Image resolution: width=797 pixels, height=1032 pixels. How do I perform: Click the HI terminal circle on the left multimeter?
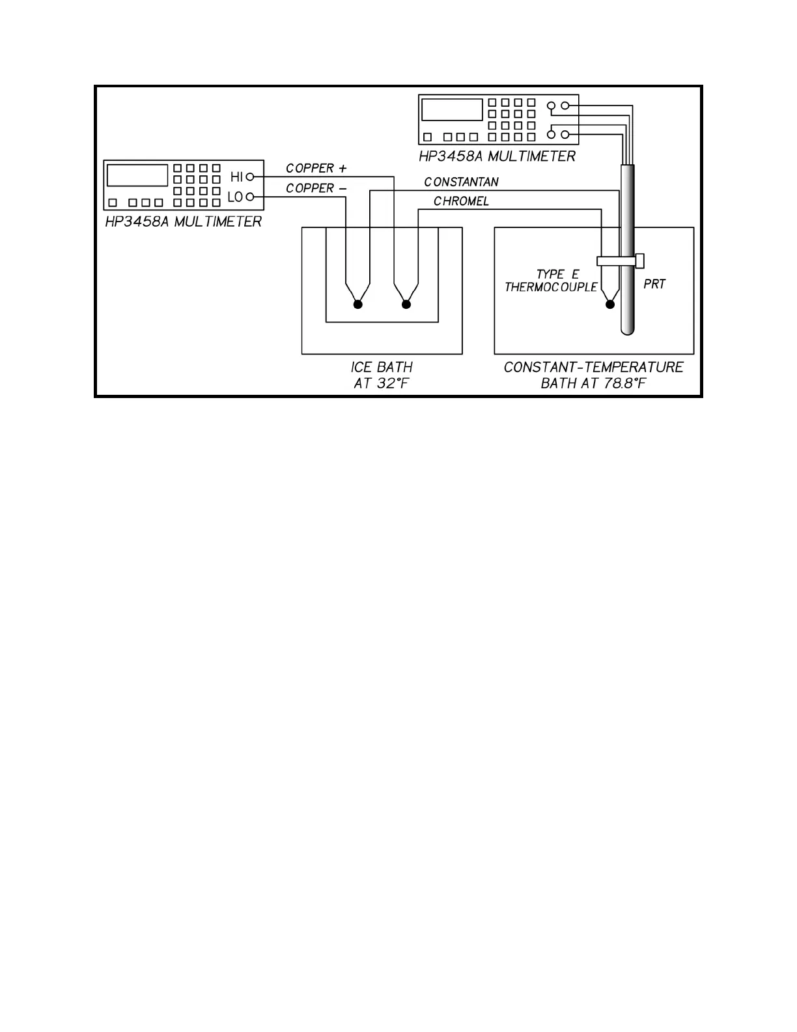click(x=249, y=177)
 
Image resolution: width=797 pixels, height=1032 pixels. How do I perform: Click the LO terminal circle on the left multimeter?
click(x=249, y=197)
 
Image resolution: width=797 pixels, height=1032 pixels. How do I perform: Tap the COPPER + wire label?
click(x=316, y=168)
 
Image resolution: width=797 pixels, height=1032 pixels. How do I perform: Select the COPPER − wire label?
click(x=316, y=188)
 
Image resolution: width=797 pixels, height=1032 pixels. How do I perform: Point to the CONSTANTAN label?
click(x=461, y=182)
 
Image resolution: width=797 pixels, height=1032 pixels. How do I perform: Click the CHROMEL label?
click(x=461, y=201)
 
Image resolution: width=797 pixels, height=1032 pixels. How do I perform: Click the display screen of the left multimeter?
click(x=137, y=175)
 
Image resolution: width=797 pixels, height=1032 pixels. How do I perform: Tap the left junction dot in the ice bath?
click(x=357, y=304)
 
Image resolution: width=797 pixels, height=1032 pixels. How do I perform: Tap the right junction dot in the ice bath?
click(x=406, y=304)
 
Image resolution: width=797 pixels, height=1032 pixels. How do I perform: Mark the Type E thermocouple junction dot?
click(x=610, y=304)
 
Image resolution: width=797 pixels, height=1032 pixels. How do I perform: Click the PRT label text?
click(x=654, y=284)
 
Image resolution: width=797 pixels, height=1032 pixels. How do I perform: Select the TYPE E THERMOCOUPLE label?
click(x=552, y=281)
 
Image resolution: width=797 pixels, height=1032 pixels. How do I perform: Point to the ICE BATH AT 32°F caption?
click(x=382, y=375)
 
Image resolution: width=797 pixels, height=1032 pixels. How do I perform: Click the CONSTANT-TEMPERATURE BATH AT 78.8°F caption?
click(x=593, y=375)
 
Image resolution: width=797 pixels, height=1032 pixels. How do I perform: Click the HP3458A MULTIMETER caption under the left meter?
click(x=184, y=222)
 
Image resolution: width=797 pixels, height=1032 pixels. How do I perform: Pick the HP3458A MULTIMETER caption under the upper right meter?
click(x=497, y=156)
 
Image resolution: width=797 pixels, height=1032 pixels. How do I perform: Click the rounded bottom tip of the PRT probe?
click(x=627, y=330)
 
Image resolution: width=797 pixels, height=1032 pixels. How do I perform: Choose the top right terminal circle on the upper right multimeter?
click(x=565, y=106)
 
